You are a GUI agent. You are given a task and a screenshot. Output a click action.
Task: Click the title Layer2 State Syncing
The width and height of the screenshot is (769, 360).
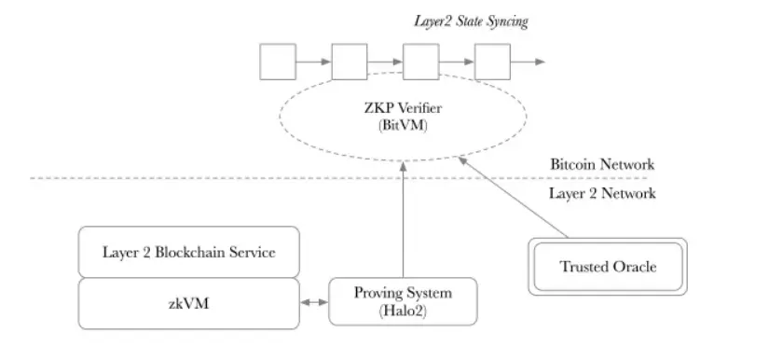point(470,21)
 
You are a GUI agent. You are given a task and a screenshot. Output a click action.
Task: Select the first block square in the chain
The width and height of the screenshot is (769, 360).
point(276,62)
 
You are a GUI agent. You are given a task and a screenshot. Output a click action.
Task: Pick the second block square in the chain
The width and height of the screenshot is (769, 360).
point(349,62)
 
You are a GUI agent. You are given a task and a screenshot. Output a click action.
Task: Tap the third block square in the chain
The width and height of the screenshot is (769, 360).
point(420,62)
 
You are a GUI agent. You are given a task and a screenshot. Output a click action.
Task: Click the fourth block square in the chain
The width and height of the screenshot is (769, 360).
point(492,62)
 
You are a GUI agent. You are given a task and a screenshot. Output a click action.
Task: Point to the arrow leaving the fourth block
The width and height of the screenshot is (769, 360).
point(528,62)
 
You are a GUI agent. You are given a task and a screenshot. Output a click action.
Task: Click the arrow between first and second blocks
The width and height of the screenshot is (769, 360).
point(312,62)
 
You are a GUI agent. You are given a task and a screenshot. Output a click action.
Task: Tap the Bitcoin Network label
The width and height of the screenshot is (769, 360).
point(601,164)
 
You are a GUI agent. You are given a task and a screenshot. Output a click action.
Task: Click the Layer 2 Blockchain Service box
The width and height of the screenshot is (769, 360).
point(188,252)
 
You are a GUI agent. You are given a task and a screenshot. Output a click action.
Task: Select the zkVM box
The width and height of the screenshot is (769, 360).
point(188,302)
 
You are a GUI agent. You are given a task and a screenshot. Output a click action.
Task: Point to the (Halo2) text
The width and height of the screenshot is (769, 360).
point(403,312)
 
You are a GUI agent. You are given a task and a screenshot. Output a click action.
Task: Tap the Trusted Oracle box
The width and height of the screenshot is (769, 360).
point(608,267)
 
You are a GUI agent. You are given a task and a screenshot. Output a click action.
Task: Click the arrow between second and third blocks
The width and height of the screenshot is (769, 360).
point(384,62)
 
